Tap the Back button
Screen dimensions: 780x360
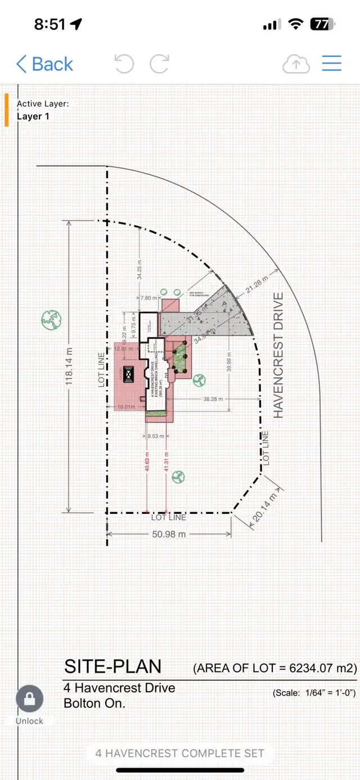coord(45,64)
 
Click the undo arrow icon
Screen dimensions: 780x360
coord(124,64)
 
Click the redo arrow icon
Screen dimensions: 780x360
coord(159,64)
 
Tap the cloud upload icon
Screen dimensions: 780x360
coord(296,64)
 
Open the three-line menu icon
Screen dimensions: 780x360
coord(332,63)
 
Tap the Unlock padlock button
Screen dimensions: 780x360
coord(29,700)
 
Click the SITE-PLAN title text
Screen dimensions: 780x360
coord(112,666)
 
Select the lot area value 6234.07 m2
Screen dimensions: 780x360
coord(323,668)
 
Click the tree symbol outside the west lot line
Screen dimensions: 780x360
coord(51,320)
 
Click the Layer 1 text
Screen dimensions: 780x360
coord(33,116)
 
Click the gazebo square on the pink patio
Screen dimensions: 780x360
coord(128,374)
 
